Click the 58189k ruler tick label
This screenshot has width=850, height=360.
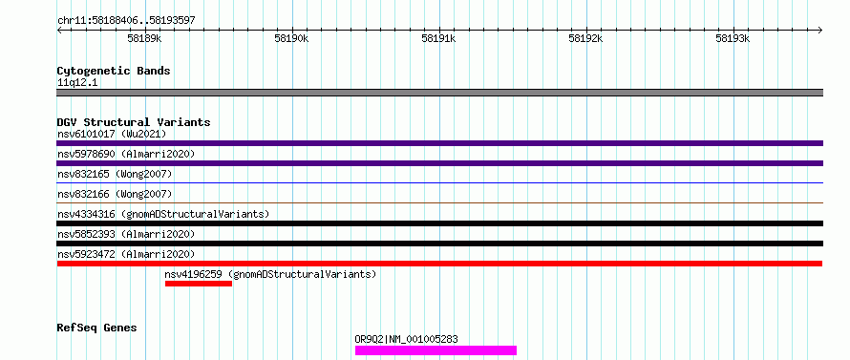click(144, 38)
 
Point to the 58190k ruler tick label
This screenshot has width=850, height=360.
click(291, 38)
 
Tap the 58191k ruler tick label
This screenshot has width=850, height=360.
click(438, 38)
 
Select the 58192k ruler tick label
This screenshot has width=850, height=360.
click(585, 38)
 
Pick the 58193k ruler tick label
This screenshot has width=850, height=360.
click(733, 38)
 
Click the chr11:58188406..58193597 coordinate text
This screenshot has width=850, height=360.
click(126, 21)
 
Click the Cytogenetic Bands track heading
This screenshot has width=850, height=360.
click(114, 71)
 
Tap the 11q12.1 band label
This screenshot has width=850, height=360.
click(77, 83)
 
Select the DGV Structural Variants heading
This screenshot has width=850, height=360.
click(134, 122)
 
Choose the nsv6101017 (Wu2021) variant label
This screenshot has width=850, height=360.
click(112, 134)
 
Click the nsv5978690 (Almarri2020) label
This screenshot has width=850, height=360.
click(126, 154)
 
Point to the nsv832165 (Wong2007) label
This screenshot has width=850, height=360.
click(115, 174)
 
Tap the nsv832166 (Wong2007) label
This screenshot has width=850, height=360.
click(115, 194)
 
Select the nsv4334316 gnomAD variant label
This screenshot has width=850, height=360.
click(163, 214)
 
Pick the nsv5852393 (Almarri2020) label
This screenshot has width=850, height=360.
click(126, 234)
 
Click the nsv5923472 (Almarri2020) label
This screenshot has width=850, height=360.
click(126, 254)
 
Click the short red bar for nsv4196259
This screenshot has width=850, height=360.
click(199, 284)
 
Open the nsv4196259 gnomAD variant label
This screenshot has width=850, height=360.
click(270, 274)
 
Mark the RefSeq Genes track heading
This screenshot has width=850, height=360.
click(97, 328)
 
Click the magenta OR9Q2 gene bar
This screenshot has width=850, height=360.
click(436, 350)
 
